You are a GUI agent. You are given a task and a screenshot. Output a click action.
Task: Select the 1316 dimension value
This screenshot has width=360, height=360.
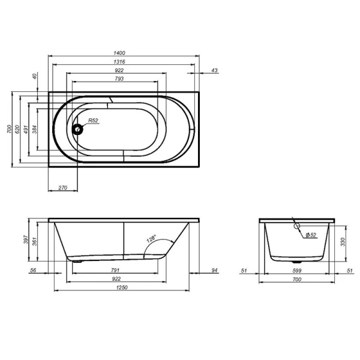tap(124, 62)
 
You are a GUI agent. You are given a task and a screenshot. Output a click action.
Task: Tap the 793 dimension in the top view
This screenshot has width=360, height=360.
tap(119, 79)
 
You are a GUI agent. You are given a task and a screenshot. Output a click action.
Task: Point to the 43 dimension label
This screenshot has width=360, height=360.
tap(214, 71)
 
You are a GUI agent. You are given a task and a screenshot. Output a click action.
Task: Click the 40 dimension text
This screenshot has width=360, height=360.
tap(35, 76)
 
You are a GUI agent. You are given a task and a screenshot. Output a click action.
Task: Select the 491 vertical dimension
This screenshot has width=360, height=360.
tap(26, 128)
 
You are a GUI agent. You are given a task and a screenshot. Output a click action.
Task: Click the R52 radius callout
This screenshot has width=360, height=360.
tap(93, 121)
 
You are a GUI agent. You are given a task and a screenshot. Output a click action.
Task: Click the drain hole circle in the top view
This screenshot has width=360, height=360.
tap(77, 128)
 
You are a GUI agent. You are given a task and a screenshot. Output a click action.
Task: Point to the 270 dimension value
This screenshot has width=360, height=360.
tap(62, 188)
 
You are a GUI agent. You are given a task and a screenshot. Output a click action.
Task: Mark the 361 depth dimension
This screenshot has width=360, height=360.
tap(35, 242)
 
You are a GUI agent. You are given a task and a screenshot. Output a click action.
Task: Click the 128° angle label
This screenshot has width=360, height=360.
tap(152, 241)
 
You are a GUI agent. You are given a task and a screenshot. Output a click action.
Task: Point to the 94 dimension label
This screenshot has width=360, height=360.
tap(214, 271)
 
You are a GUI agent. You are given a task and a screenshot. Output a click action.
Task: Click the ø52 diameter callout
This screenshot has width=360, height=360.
tap(310, 235)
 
